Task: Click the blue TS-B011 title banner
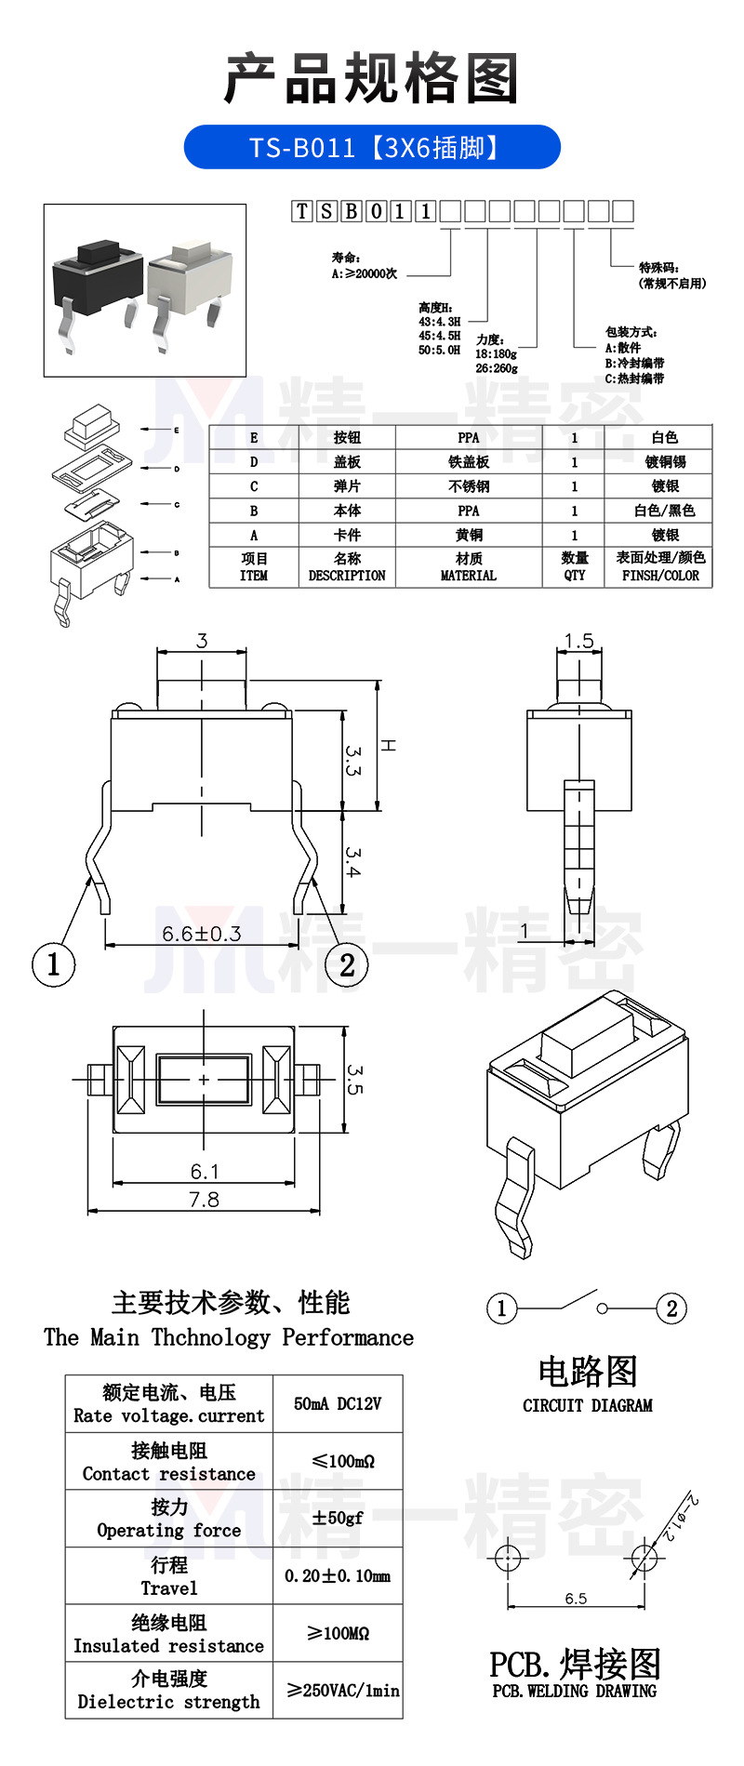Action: click(x=372, y=147)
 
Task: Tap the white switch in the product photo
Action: click(x=186, y=274)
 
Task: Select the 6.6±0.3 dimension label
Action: click(x=201, y=933)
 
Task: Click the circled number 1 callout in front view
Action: click(x=53, y=964)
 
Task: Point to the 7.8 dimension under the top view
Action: click(x=204, y=1200)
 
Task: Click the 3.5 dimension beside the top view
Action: click(x=354, y=1079)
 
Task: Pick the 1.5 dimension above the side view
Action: click(x=578, y=641)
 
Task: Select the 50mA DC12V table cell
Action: click(x=338, y=1403)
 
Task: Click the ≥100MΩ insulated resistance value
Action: click(x=338, y=1633)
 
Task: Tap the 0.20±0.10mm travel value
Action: click(x=338, y=1575)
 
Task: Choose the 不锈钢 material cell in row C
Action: click(x=469, y=486)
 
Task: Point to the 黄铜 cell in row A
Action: click(x=469, y=535)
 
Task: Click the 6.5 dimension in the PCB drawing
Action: click(x=576, y=1598)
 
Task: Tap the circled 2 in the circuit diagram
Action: click(x=671, y=1308)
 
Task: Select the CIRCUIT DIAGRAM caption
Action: click(x=587, y=1405)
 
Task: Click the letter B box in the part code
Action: click(x=351, y=211)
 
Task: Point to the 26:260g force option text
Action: click(x=497, y=368)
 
